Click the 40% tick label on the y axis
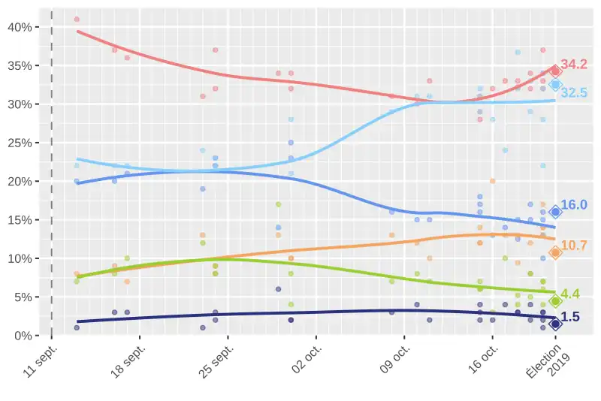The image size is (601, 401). (x=18, y=27)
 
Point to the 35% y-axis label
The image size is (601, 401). (x=18, y=65)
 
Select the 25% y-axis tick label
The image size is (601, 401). (x=18, y=143)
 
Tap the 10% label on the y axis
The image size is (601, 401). (x=18, y=258)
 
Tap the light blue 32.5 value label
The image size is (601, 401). (x=574, y=93)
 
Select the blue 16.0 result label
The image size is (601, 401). (x=574, y=204)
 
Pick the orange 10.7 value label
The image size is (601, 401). (x=574, y=246)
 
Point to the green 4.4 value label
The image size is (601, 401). (x=571, y=294)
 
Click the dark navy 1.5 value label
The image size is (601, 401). (x=571, y=317)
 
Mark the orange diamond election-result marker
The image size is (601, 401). (x=555, y=253)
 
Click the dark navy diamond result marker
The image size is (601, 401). (x=555, y=324)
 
